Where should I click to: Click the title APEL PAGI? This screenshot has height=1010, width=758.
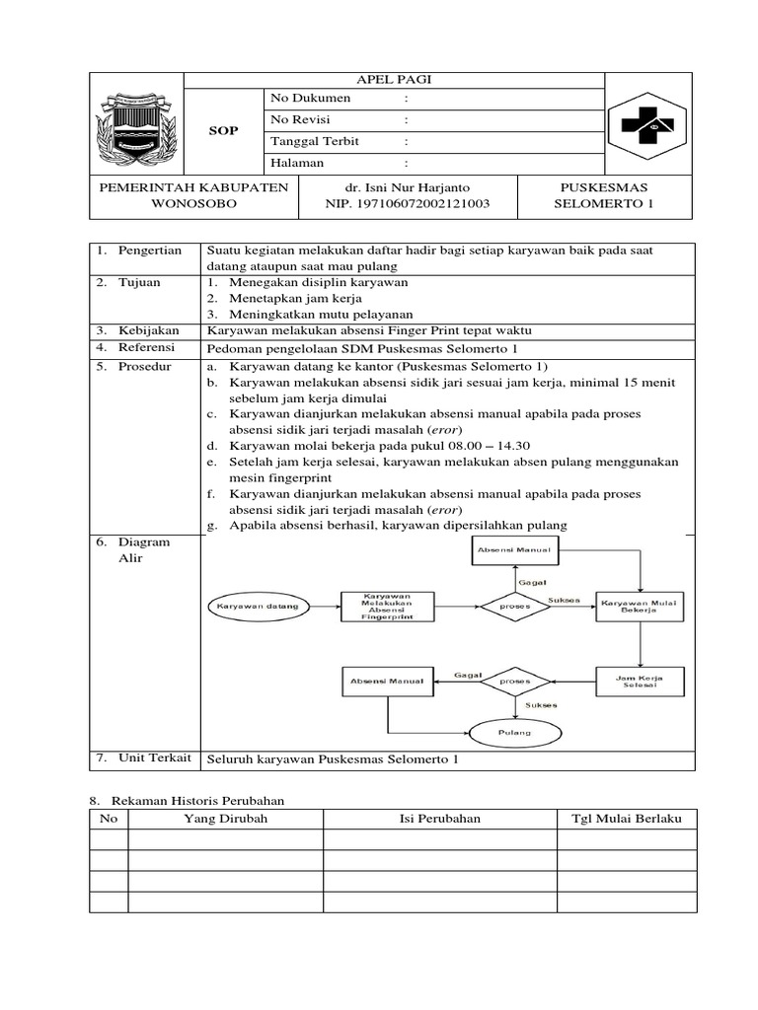[394, 81]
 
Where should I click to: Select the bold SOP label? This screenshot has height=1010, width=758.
[224, 131]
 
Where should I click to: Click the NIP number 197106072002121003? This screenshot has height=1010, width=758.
[407, 205]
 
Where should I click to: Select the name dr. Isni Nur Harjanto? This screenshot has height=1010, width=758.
[407, 187]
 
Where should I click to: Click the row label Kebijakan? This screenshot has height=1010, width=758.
[148, 330]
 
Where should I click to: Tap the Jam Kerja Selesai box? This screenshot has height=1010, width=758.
[639, 682]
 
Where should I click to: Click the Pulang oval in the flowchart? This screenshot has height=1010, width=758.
[514, 733]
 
